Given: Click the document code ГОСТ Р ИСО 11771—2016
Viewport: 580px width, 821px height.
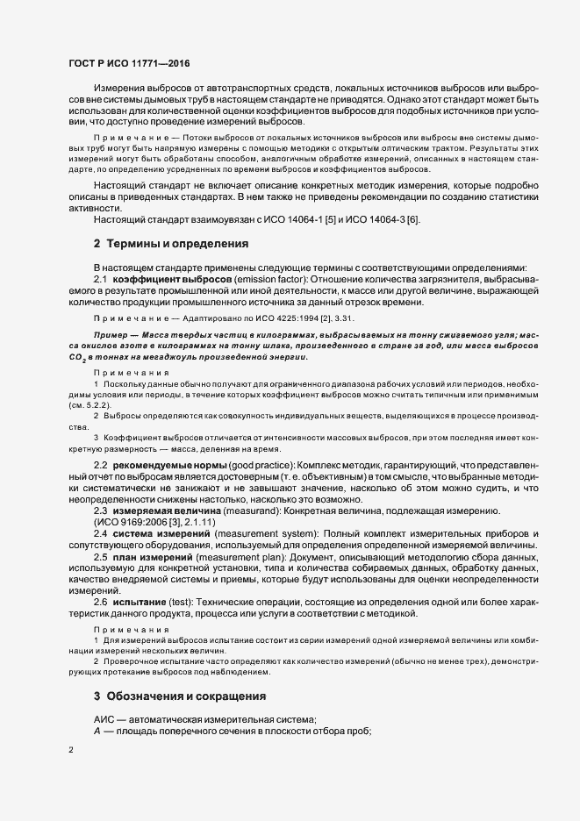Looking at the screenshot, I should pyautogui.click(x=129, y=64).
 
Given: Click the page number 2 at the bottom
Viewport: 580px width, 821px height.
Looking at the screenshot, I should pyautogui.click(x=70, y=752).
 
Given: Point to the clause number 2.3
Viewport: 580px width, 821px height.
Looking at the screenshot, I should pyautogui.click(x=100, y=510).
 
